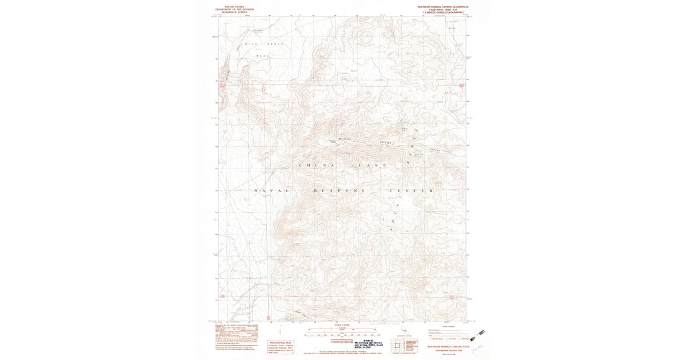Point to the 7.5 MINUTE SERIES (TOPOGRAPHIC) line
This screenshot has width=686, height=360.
click(x=444, y=12)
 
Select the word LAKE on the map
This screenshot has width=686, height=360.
click(x=372, y=165)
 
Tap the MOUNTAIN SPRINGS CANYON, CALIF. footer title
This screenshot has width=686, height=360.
click(x=444, y=346)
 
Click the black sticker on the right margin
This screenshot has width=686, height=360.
click(x=481, y=332)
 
